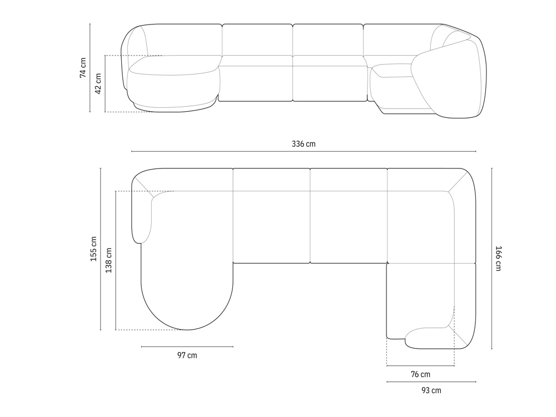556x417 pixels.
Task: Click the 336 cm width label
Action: pos(304,144)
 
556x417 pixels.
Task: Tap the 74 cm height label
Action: pos(83,68)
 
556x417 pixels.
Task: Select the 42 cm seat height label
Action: pos(98,84)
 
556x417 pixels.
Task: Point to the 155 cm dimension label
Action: pos(93,249)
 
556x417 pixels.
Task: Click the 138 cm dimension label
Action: pos(108,260)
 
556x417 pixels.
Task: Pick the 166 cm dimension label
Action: pos(498,259)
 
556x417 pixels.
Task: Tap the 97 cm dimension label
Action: pos(187,355)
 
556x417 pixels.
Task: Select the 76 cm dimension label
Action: pos(420,374)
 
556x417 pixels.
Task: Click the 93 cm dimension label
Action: pos(431,390)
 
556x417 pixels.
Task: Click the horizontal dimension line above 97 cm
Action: pos(187,347)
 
